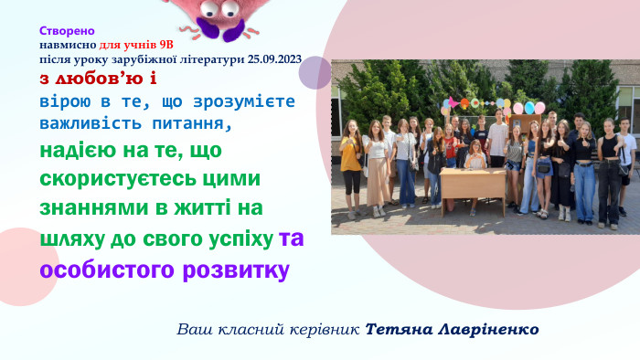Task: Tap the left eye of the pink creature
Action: pos(208,9)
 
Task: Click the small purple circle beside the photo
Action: pos(315,72)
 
